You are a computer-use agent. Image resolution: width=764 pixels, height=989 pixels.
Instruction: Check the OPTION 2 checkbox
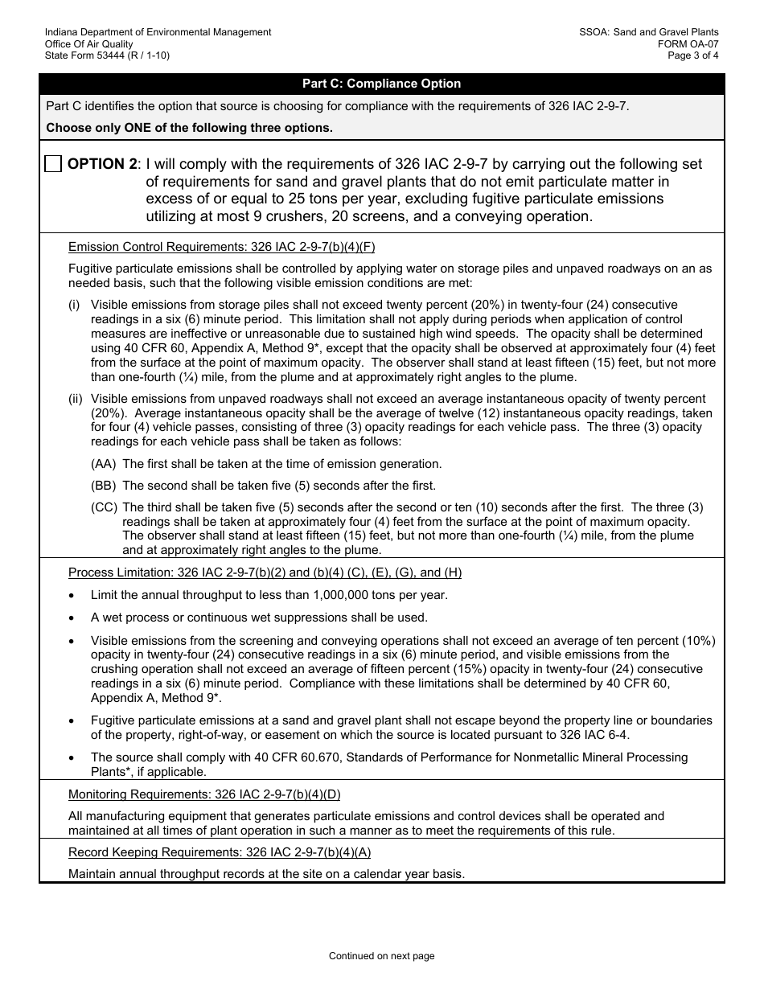(x=53, y=164)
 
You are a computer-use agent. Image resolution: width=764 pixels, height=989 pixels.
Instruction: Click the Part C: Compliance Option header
(x=381, y=84)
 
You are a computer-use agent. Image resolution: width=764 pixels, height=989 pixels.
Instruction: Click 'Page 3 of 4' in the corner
(x=692, y=55)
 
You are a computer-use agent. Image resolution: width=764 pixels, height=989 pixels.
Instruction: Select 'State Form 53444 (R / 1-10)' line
(x=107, y=55)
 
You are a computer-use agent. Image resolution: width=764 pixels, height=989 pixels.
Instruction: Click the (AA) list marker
(x=104, y=464)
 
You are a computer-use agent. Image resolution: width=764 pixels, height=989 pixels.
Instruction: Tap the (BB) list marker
(x=104, y=486)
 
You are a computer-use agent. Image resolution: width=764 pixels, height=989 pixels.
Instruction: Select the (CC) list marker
(x=104, y=507)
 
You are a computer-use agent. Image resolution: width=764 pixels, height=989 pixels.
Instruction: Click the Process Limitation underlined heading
(x=265, y=572)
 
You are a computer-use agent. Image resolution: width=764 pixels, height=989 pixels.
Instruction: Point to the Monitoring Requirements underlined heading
(x=204, y=794)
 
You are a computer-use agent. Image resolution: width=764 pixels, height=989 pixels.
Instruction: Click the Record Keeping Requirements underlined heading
(x=220, y=852)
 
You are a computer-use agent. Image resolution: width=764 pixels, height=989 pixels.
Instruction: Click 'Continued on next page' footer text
(x=381, y=956)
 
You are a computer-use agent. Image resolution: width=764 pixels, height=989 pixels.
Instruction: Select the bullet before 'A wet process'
(x=73, y=618)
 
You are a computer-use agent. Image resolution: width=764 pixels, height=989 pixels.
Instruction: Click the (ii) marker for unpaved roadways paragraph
(x=75, y=399)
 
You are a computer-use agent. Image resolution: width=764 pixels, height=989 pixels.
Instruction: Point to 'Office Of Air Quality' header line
(x=89, y=44)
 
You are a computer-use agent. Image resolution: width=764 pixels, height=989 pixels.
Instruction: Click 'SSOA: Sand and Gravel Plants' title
(x=648, y=32)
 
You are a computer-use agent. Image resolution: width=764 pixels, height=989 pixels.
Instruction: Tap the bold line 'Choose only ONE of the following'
(x=189, y=128)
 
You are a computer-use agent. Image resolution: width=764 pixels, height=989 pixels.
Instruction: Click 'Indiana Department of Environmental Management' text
(x=158, y=32)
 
